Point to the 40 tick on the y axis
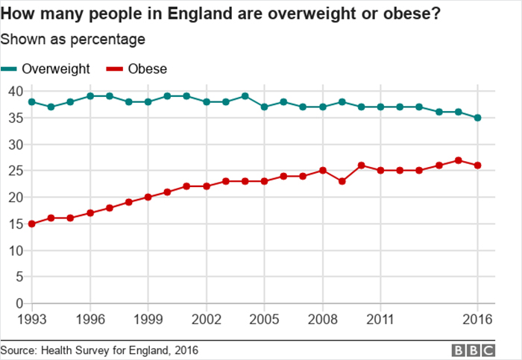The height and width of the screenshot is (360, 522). click(x=15, y=91)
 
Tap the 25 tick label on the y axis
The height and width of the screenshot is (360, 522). click(x=15, y=171)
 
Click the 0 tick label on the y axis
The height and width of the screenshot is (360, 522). click(x=19, y=303)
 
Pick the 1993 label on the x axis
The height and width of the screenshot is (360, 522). click(x=32, y=320)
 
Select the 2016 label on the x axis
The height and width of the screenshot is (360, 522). click(x=477, y=320)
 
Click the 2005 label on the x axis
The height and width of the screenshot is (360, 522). click(x=264, y=320)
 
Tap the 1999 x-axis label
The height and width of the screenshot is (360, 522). click(x=148, y=320)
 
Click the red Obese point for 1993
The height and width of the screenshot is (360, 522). click(x=31, y=224)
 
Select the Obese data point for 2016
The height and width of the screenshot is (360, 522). click(x=477, y=165)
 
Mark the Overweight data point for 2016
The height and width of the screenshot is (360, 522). click(x=477, y=118)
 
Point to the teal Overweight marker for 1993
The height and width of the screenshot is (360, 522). click(x=31, y=101)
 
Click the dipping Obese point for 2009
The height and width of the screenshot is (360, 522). click(x=342, y=181)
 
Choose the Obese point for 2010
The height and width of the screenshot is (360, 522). click(x=361, y=165)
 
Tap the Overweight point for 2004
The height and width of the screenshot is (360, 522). click(x=245, y=96)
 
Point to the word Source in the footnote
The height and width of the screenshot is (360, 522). click(x=18, y=350)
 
